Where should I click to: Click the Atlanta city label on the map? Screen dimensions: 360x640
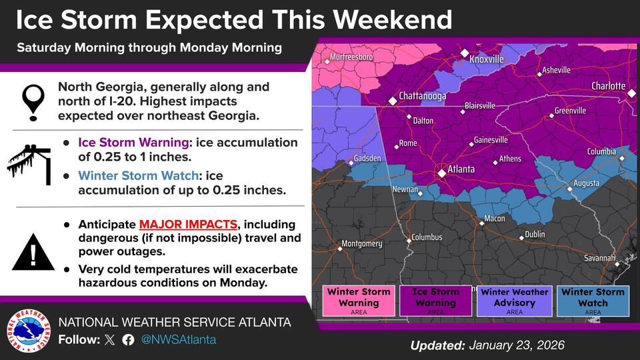[x=461, y=169]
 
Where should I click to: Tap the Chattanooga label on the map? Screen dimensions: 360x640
[x=422, y=96]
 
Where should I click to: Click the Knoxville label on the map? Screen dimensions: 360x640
[x=486, y=59]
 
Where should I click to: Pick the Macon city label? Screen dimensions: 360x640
[x=494, y=219]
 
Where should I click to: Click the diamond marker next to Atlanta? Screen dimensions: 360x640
[x=441, y=173]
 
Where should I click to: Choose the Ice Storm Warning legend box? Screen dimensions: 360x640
[x=435, y=300]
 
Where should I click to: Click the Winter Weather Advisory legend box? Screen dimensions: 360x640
[x=514, y=300]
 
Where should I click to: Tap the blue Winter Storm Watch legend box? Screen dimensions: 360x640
[x=593, y=300]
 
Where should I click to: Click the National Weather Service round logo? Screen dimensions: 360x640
[x=29, y=331]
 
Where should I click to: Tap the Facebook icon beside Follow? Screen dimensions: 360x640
[x=128, y=339]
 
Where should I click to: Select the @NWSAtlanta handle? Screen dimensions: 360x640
[x=178, y=339]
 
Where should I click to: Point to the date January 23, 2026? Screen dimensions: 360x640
[x=517, y=345]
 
